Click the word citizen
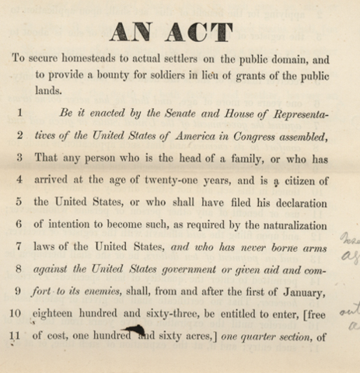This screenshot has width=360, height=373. [x=308, y=186]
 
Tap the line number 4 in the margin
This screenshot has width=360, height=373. [x=19, y=186]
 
